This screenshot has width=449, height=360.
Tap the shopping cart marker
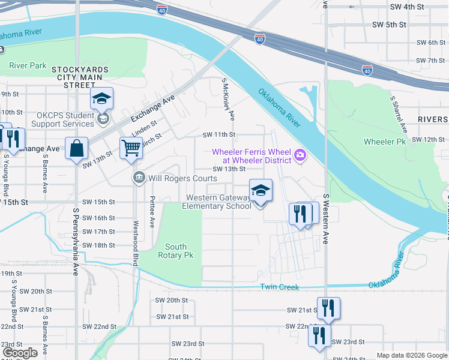pyautogui.click(x=130, y=147)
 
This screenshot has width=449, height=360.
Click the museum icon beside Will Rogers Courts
pyautogui.click(x=139, y=178)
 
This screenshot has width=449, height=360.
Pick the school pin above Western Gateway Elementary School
pyautogui.click(x=260, y=191)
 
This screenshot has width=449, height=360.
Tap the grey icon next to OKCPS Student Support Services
pyautogui.click(x=103, y=119)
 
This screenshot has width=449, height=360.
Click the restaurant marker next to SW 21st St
pyautogui.click(x=328, y=308)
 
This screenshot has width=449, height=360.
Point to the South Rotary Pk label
pyautogui.click(x=176, y=251)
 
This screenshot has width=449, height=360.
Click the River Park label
pyautogui.click(x=28, y=65)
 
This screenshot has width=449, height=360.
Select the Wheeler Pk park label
pyautogui.click(x=385, y=142)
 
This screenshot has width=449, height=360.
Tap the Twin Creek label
pyautogui.click(x=279, y=287)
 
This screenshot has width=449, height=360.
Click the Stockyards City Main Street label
pyautogui.click(x=80, y=77)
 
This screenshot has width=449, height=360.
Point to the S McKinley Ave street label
pyautogui.click(x=228, y=98)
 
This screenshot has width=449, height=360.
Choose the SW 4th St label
pyautogui.click(x=406, y=7)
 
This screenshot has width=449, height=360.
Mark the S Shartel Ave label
pyautogui.click(x=399, y=114)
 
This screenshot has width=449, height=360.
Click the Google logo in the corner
pyautogui.click(x=20, y=352)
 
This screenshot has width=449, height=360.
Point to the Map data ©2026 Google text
pyautogui.click(x=411, y=355)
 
